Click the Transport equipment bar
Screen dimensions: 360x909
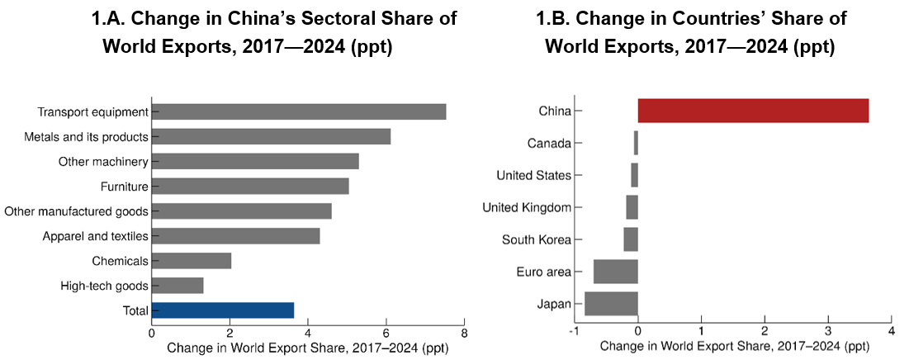pyautogui.click(x=299, y=112)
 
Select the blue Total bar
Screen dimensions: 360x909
pyautogui.click(x=223, y=310)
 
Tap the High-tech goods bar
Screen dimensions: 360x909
pyautogui.click(x=178, y=286)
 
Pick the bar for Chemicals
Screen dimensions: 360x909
pyautogui.click(x=192, y=261)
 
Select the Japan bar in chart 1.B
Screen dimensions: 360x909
pyautogui.click(x=611, y=304)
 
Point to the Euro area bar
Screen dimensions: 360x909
pyautogui.click(x=615, y=272)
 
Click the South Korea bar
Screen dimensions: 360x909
pyautogui.click(x=631, y=239)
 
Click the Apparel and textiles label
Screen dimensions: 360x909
pyautogui.click(x=95, y=236)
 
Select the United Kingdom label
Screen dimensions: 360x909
pyautogui.click(x=527, y=207)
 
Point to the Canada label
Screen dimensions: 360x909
pyautogui.click(x=549, y=143)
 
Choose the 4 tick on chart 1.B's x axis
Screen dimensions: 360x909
pyautogui.click(x=891, y=331)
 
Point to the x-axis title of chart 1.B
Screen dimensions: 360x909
pyautogui.click(x=733, y=347)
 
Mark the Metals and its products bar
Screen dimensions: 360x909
pyautogui.click(x=271, y=137)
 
